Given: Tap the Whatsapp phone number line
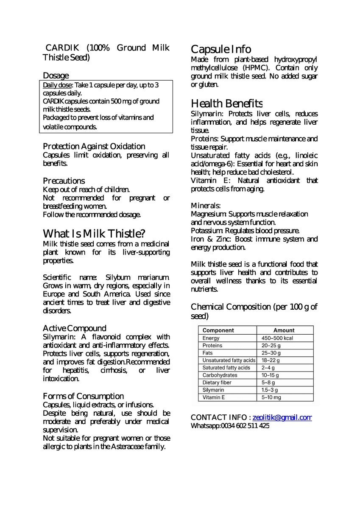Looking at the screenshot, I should tap(230, 426).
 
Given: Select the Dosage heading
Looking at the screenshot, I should tap(56, 76).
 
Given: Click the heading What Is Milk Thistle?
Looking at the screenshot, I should tap(94, 233).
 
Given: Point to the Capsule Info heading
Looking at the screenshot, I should tap(221, 49).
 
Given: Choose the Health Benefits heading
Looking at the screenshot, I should tap(226, 103).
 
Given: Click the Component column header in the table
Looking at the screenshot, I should tap(218, 330).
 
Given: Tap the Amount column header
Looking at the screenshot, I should tap(284, 330).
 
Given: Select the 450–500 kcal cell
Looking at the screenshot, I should tap(277, 338).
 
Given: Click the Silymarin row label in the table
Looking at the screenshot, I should tap(213, 390).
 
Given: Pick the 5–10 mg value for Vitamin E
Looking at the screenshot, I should tap(271, 397).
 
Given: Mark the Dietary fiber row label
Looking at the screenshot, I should tap(217, 383).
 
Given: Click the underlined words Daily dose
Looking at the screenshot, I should tap(58, 85).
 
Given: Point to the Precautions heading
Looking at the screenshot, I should tap(64, 181).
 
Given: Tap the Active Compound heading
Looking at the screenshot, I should tap(75, 328).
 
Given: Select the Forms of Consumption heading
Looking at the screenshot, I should tap(84, 396).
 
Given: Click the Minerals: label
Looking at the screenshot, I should tap(206, 206).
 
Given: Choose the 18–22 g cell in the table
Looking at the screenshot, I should tap(271, 361).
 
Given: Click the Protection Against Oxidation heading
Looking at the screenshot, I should tap(94, 146).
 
